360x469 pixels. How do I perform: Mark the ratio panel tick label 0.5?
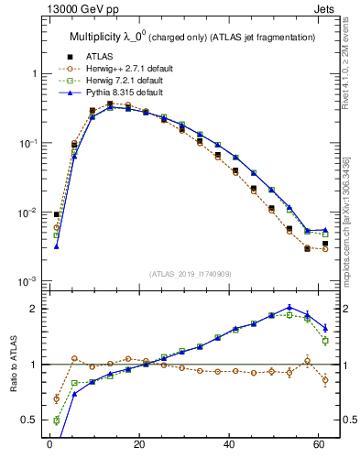pyautogui.click(x=29, y=420)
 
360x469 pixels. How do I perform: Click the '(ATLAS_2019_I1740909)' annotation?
pyautogui.click(x=189, y=274)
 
